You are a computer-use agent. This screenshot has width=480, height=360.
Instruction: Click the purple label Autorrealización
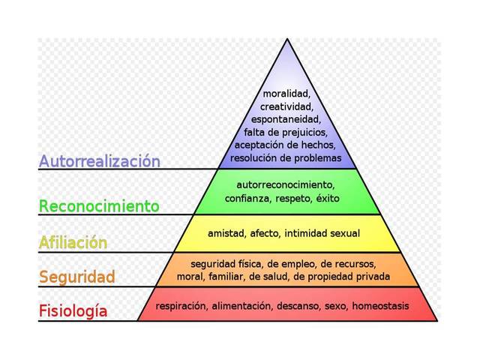point(99,160)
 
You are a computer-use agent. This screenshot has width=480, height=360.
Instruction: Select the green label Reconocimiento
point(99,205)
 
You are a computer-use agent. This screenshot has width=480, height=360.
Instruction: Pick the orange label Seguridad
point(77,277)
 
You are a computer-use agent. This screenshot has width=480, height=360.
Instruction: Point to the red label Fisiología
point(73,310)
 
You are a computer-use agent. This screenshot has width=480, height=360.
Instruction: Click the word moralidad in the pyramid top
point(286,94)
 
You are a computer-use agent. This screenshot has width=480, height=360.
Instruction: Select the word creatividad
point(286,106)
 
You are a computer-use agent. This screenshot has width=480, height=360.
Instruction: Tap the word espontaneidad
point(286,119)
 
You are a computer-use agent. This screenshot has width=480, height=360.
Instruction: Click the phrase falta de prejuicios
point(286,132)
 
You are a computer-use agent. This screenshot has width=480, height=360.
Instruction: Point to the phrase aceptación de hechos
point(286,145)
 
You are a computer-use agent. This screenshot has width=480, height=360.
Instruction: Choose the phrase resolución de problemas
point(286,157)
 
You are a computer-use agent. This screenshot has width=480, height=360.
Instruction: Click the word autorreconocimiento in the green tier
point(285,184)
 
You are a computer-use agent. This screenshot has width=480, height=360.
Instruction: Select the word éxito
point(328,199)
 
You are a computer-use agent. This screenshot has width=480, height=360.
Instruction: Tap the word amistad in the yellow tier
point(226,233)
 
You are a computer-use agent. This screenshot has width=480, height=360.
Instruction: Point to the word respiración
point(181,306)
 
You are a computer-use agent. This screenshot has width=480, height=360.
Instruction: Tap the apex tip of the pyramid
point(286,39)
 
